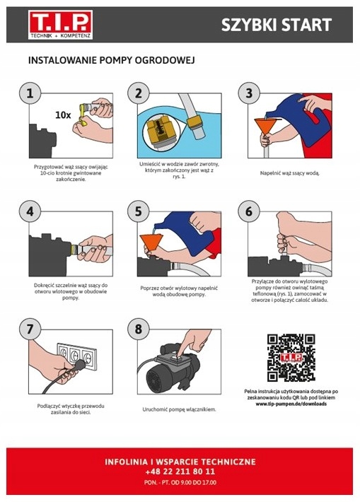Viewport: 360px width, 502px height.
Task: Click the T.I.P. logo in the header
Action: tap(61, 25)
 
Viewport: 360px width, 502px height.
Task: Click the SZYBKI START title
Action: tap(277, 25)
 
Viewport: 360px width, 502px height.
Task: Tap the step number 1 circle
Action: tap(30, 93)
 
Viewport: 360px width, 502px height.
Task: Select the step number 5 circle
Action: tap(138, 211)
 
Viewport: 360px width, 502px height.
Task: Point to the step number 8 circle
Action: tap(138, 329)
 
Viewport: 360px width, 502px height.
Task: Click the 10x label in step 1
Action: tap(63, 115)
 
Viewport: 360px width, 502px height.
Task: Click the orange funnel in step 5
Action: tap(151, 243)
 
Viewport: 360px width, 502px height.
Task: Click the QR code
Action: tap(291, 358)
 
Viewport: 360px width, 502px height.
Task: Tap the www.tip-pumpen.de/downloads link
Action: tap(291, 404)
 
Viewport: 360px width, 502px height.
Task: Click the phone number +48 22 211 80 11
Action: tap(180, 472)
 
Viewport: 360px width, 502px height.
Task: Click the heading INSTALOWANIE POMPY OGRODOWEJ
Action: tap(112, 60)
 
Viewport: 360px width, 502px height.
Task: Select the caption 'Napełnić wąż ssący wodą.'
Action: tap(289, 173)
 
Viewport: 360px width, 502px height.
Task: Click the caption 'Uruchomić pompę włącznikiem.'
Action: tap(179, 409)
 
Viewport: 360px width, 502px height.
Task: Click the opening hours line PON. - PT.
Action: tap(180, 482)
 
